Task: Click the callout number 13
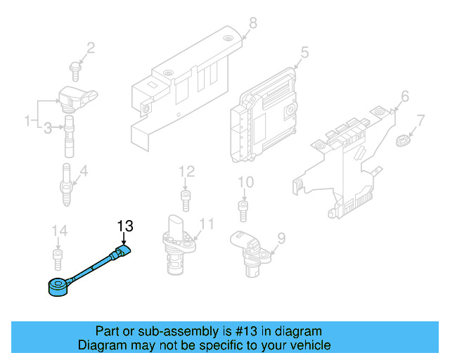pyautogui.click(x=124, y=226)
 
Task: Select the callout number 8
pyautogui.click(x=253, y=23)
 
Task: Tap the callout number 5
pyautogui.click(x=304, y=51)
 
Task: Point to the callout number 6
pyautogui.click(x=404, y=96)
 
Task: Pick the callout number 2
pyautogui.click(x=90, y=48)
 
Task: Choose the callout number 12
pyautogui.click(x=186, y=171)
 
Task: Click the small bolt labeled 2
pyautogui.click(x=74, y=67)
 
